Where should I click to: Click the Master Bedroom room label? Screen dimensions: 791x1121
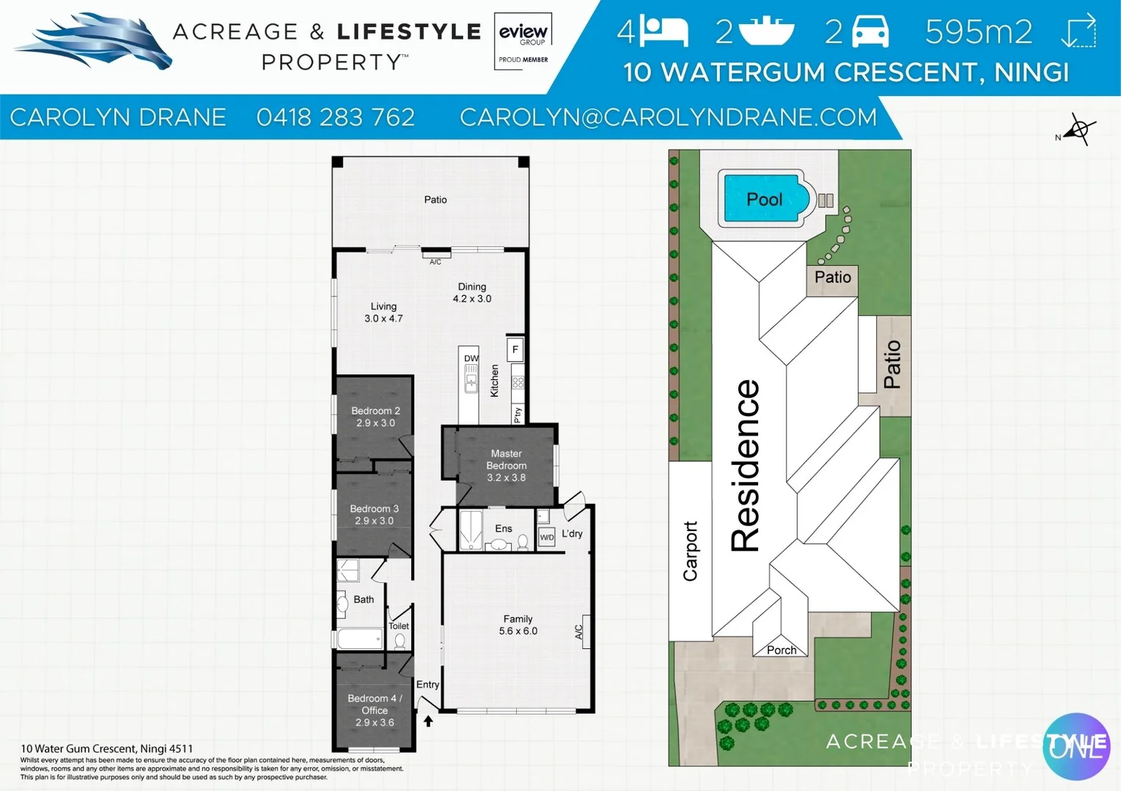pyautogui.click(x=506, y=459)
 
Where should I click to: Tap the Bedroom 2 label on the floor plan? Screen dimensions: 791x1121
pyautogui.click(x=375, y=411)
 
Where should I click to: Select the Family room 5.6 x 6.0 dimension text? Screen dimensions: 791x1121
pyautogui.click(x=518, y=631)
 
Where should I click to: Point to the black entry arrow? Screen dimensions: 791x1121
pyautogui.click(x=428, y=721)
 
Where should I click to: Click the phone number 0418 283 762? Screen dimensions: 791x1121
pyautogui.click(x=335, y=117)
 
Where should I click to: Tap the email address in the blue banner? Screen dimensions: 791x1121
pyautogui.click(x=668, y=117)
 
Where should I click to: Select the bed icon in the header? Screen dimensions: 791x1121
pyautogui.click(x=664, y=31)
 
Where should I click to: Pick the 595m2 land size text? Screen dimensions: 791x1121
pyautogui.click(x=978, y=31)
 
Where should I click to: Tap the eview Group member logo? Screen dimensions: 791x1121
pyautogui.click(x=523, y=41)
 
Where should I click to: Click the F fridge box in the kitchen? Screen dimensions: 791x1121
pyautogui.click(x=515, y=349)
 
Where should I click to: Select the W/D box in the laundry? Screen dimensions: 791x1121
pyautogui.click(x=547, y=537)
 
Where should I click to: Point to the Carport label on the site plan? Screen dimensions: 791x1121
pyautogui.click(x=690, y=551)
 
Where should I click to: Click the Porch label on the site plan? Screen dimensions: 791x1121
pyautogui.click(x=781, y=650)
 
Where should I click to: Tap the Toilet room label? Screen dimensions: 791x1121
pyautogui.click(x=399, y=625)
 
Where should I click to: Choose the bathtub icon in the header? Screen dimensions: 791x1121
pyautogui.click(x=766, y=31)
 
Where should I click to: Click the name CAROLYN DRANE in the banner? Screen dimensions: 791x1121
pyautogui.click(x=117, y=117)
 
